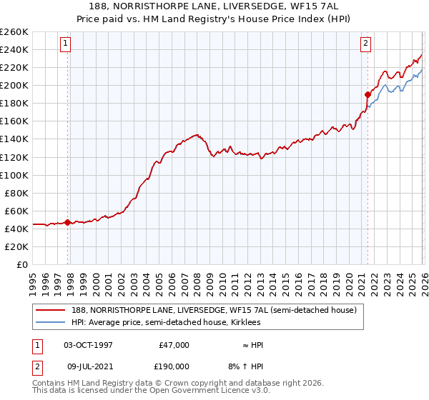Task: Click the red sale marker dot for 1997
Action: point(68,222)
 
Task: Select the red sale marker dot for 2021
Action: point(368,94)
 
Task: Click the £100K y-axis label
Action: point(14,175)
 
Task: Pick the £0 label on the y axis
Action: point(21,264)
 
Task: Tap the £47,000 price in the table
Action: point(173,345)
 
